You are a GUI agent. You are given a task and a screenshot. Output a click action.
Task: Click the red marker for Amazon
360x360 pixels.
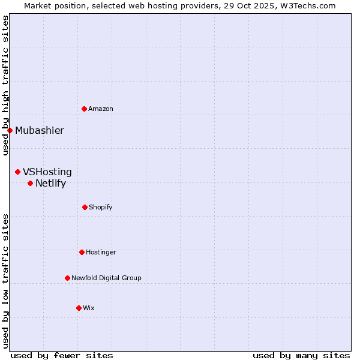(x=84, y=109)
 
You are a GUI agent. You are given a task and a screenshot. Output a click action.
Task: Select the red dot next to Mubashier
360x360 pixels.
(x=10, y=130)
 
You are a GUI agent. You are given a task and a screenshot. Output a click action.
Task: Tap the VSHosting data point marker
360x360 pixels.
(x=17, y=172)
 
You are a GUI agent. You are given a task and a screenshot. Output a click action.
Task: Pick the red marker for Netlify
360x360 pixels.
(x=30, y=183)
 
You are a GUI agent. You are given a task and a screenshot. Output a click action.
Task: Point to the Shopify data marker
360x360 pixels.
(x=85, y=207)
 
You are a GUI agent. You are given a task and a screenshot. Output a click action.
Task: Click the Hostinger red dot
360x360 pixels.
(x=82, y=252)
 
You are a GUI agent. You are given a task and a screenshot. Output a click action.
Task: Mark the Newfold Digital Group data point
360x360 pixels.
(x=67, y=278)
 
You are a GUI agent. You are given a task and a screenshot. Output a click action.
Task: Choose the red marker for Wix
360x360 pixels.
(x=79, y=308)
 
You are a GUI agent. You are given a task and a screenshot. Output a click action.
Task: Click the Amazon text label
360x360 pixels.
(x=101, y=109)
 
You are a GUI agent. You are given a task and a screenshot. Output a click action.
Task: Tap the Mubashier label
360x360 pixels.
(x=40, y=131)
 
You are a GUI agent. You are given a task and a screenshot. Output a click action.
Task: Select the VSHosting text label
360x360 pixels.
(x=47, y=172)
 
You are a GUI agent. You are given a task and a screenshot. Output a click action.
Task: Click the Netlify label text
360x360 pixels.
(x=50, y=184)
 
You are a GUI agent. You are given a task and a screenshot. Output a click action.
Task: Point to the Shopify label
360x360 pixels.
(x=100, y=208)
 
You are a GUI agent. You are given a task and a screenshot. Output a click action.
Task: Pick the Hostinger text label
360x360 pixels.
(x=101, y=253)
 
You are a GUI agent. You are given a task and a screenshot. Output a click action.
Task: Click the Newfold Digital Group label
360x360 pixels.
(x=106, y=278)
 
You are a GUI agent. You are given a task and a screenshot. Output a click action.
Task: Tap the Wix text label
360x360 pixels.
(x=89, y=308)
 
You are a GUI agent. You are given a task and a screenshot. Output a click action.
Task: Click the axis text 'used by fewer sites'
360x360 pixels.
(x=62, y=356)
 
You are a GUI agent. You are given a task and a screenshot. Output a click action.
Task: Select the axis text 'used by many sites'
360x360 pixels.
(x=301, y=356)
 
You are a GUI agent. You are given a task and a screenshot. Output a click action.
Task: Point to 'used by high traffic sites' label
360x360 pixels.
(x=5, y=85)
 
